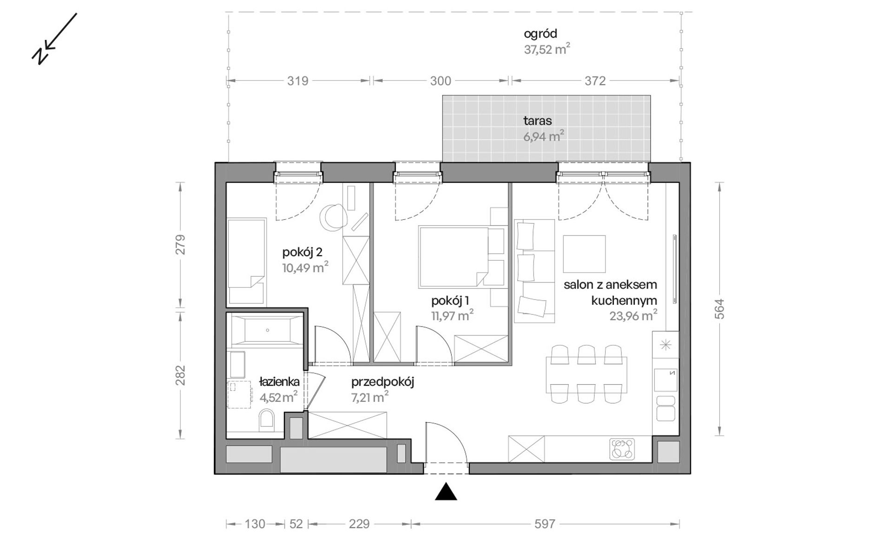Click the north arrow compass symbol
click(x=54, y=39)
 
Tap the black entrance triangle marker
click(x=446, y=492)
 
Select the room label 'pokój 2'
click(x=302, y=253)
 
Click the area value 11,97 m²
click(x=452, y=316)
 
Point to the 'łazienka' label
click(x=279, y=382)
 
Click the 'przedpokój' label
click(x=382, y=382)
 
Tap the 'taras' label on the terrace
click(x=538, y=121)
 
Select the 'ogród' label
click(x=540, y=34)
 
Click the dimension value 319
click(x=297, y=81)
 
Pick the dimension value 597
click(x=545, y=524)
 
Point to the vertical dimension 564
click(x=719, y=308)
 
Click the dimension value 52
click(x=296, y=524)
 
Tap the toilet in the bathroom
click(x=266, y=419)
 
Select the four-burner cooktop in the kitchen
click(x=622, y=449)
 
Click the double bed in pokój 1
click(x=453, y=257)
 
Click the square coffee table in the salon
click(x=584, y=254)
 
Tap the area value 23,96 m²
click(x=633, y=316)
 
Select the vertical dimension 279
click(x=180, y=245)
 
